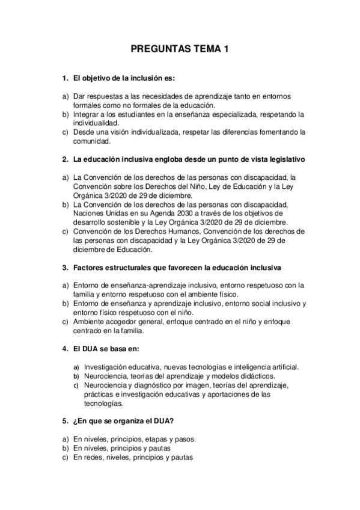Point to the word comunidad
[x=92, y=142]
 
